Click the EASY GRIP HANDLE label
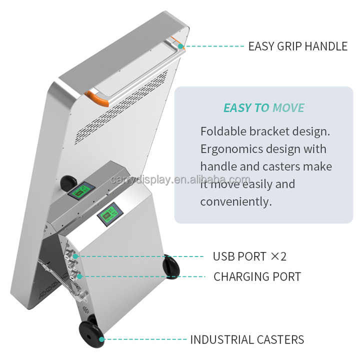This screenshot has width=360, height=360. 298,46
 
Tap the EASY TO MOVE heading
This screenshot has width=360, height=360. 264,108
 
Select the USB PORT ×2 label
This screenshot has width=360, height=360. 249,256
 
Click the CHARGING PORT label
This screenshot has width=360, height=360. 257,276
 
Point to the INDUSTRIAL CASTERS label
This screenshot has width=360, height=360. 247,339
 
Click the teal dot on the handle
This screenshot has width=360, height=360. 181,46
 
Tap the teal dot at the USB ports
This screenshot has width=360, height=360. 75,256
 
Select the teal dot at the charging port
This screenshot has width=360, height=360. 79,276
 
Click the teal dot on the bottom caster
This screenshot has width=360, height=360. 101,339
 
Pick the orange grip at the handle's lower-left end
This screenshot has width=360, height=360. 97,99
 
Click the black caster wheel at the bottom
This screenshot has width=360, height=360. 90,331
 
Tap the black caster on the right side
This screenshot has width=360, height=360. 171,266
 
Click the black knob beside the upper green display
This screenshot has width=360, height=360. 67,183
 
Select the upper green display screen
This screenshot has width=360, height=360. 81,190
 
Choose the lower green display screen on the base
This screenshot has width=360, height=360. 110,214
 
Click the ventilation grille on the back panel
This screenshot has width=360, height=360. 121,107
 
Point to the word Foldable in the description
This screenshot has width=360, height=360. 223,131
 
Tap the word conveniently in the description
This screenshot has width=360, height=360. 236,202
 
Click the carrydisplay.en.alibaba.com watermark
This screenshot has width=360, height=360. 180,180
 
